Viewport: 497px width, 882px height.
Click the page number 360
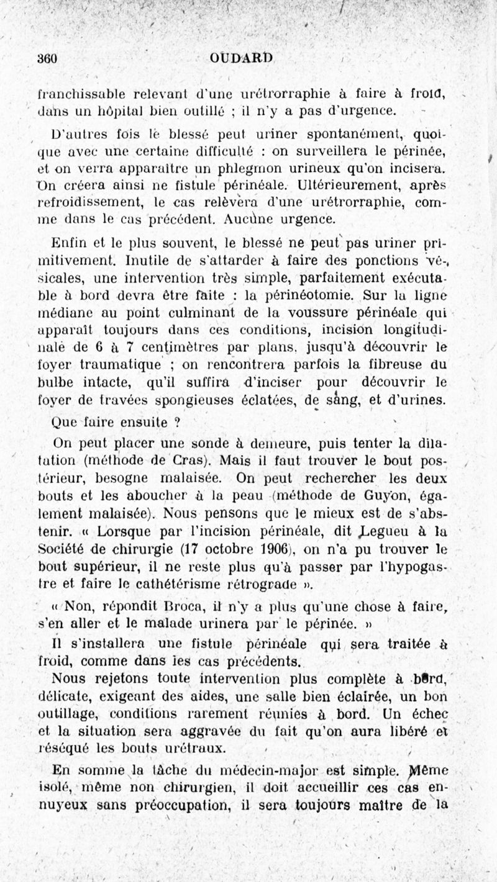tap(47, 60)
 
